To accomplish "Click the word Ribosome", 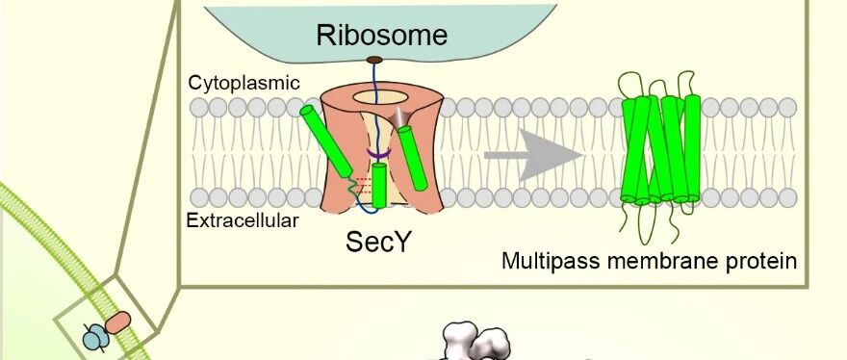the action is [x=381, y=36].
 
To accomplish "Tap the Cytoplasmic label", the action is [x=244, y=83].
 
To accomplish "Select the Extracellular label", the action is [x=242, y=220].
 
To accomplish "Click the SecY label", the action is [x=378, y=243].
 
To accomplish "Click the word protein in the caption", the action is [x=764, y=262].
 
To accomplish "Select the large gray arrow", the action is [x=533, y=156].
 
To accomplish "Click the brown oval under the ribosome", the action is [x=374, y=60].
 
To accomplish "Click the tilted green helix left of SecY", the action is [x=327, y=141].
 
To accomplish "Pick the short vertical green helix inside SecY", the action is [x=380, y=186].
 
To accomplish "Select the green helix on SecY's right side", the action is [x=413, y=158].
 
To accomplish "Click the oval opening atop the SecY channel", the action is [x=380, y=98].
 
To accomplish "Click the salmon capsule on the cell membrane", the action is [x=117, y=322].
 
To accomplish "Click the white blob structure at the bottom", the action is [x=475, y=341].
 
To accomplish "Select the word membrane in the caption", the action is [x=661, y=261].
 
